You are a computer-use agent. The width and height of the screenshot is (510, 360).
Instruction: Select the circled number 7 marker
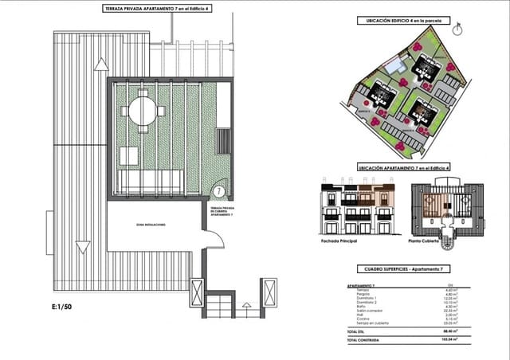pyautogui.click(x=218, y=192)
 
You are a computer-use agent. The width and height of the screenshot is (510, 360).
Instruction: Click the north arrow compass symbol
pyautogui.click(x=457, y=29)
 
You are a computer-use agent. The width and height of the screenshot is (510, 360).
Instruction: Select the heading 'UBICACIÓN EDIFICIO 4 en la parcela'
pyautogui.click(x=400, y=20)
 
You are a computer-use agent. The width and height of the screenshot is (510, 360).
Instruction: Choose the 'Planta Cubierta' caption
pyautogui.click(x=428, y=240)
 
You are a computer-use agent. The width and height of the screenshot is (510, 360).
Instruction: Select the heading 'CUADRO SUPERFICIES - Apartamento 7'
pyautogui.click(x=402, y=269)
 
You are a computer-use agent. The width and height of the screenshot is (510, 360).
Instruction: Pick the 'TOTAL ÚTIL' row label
pyautogui.click(x=358, y=331)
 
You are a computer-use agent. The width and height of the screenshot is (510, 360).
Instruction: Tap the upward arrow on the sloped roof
pyautogui.click(x=101, y=64)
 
